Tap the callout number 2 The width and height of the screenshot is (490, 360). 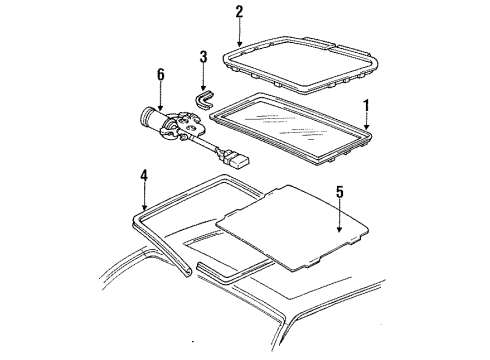point(239,12)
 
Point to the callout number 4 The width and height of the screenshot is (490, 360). point(145,177)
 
